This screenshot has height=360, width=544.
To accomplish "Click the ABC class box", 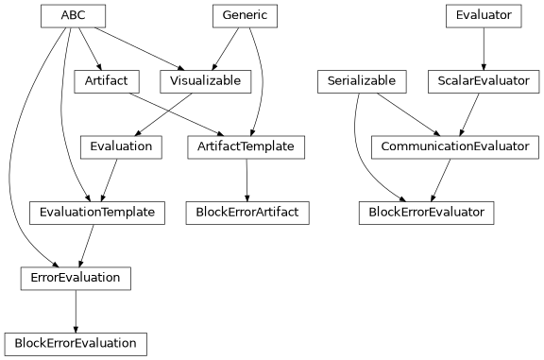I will (x=73, y=16).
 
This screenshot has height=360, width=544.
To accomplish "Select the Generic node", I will (x=245, y=16).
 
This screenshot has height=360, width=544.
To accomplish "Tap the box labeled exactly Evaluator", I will (x=484, y=16).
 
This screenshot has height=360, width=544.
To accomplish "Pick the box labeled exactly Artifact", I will (x=107, y=81).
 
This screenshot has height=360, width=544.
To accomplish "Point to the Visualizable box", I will (x=206, y=81).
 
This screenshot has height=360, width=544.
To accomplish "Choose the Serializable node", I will (x=362, y=81).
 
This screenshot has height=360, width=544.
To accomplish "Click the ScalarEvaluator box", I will (x=484, y=81).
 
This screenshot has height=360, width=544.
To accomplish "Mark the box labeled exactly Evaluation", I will (x=121, y=146).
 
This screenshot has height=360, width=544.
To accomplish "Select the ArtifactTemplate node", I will (x=246, y=146).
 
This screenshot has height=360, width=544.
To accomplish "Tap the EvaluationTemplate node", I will (x=97, y=213).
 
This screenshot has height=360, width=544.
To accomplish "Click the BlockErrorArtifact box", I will (x=247, y=213).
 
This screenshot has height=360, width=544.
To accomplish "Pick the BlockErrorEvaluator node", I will (x=427, y=213).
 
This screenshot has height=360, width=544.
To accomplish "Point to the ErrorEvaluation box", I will (x=76, y=278).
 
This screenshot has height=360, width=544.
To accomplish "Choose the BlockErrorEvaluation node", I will (x=76, y=343).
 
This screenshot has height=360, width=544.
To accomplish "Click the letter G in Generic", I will (x=226, y=16).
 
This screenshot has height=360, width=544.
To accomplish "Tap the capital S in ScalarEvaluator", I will (x=442, y=81).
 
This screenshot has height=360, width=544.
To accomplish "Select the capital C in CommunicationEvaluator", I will (x=385, y=146).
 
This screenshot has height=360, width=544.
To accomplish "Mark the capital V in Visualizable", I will (x=175, y=81).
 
